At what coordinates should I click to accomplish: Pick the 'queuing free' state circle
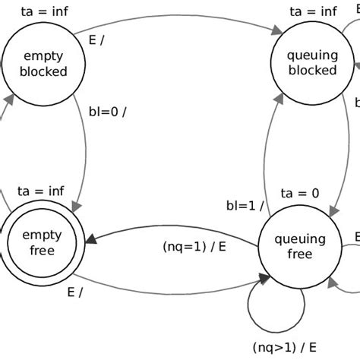click(295, 247)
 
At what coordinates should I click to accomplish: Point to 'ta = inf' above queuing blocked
click(313, 11)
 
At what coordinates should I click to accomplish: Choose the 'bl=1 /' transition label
click(245, 206)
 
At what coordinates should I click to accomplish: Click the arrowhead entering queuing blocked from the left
click(274, 31)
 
